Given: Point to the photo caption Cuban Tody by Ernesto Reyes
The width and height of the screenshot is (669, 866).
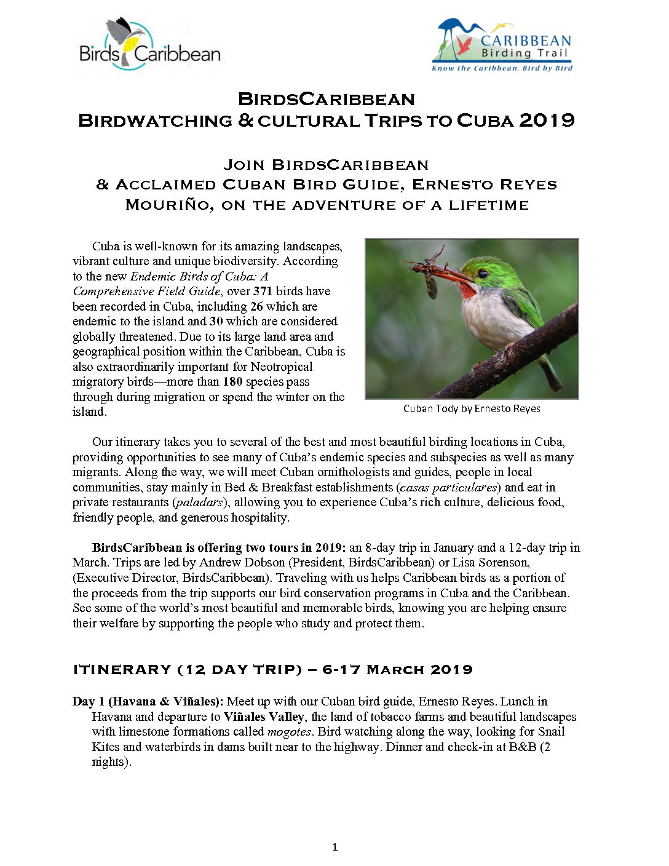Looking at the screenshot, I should point(472,408).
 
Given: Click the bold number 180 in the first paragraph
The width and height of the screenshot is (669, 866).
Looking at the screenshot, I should point(232,381).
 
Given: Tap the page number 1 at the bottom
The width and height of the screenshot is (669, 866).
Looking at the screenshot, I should point(334,847).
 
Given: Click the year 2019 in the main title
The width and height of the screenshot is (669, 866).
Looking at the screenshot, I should point(547,120).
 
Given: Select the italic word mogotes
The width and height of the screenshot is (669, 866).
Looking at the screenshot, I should point(289,731).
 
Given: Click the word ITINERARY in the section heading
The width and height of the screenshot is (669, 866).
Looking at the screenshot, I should point(122,669).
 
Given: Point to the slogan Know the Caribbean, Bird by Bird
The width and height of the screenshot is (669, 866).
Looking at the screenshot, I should point(502,68).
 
